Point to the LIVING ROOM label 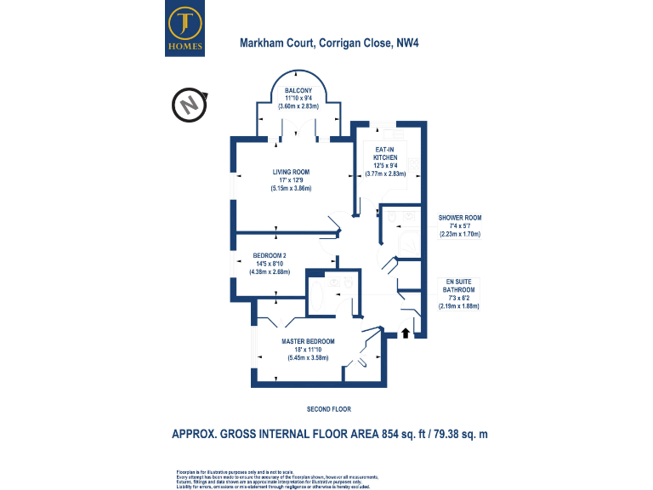[x=291, y=172]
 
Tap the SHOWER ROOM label [x=460, y=218]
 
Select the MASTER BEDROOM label [x=308, y=341]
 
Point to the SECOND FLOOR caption [x=329, y=409]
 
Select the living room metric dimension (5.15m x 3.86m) [x=291, y=188]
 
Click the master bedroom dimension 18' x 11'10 [x=308, y=350]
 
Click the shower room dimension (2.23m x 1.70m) [x=460, y=233]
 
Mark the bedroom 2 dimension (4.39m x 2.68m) [x=270, y=272]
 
